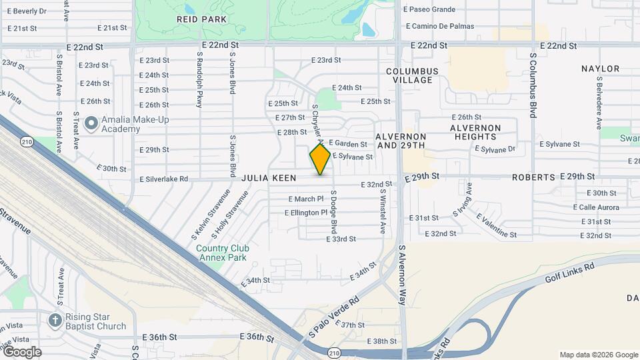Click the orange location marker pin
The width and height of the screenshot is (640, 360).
click(x=320, y=159)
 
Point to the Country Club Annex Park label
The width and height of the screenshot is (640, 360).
click(x=221, y=253)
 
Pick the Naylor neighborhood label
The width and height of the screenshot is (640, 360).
click(x=600, y=69)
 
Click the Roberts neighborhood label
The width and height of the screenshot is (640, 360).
click(x=533, y=177)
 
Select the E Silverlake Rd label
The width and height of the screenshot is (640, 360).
click(x=163, y=179)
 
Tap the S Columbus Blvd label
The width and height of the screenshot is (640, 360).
click(x=533, y=85)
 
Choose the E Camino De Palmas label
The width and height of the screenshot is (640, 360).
click(x=439, y=26)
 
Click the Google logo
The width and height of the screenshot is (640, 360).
click(x=21, y=352)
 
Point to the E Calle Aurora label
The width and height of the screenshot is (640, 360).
click(x=596, y=207)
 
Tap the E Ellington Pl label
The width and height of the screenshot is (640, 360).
click(x=306, y=213)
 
